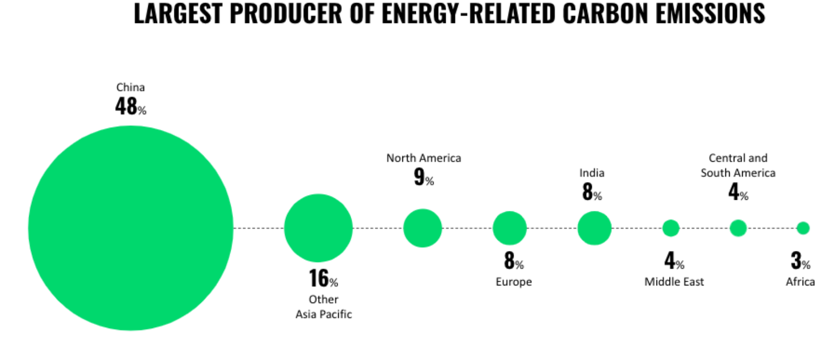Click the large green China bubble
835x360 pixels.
[x=131, y=228]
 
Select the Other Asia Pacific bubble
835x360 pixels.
[x=318, y=228]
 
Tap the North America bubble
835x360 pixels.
[x=423, y=228]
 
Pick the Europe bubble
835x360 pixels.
[x=509, y=228]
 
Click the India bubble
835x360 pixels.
[x=594, y=228]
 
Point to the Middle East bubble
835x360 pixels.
[x=671, y=228]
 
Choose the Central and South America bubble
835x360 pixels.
[x=738, y=228]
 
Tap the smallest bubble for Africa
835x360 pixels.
[x=803, y=228]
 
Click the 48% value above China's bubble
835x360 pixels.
[x=130, y=106]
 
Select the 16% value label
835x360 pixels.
[x=323, y=279]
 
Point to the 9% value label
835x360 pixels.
[x=424, y=177]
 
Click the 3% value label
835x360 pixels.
[x=801, y=260]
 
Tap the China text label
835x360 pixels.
[x=130, y=87]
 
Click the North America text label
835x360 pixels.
[x=424, y=158]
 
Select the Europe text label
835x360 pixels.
[x=514, y=282]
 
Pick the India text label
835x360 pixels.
[x=592, y=173]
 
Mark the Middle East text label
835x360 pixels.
[x=674, y=282]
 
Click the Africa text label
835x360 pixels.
[x=801, y=282]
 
